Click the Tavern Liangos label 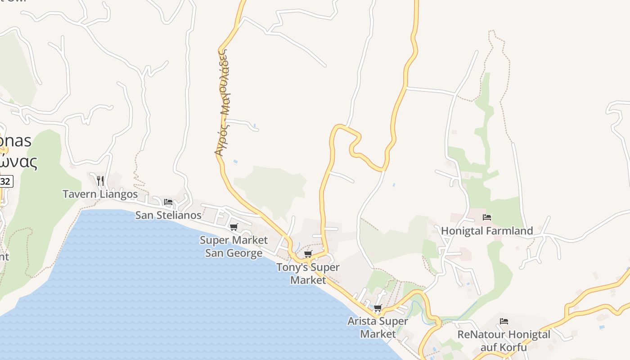coord(100,194)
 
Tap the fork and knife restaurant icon coord(100,181)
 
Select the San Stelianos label coord(168,215)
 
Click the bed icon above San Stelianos coord(168,202)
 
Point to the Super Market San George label coord(234,247)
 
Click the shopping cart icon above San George coord(234,227)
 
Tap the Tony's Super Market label coord(308,273)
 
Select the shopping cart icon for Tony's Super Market coord(308,254)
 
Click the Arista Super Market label coord(378,327)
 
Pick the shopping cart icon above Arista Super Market coord(378,308)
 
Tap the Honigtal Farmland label coord(487,231)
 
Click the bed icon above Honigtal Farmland coord(487,218)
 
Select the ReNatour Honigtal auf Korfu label coord(504,341)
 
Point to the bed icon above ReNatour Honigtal coord(504,321)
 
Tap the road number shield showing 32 coord(5,182)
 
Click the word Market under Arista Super coord(378,334)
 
